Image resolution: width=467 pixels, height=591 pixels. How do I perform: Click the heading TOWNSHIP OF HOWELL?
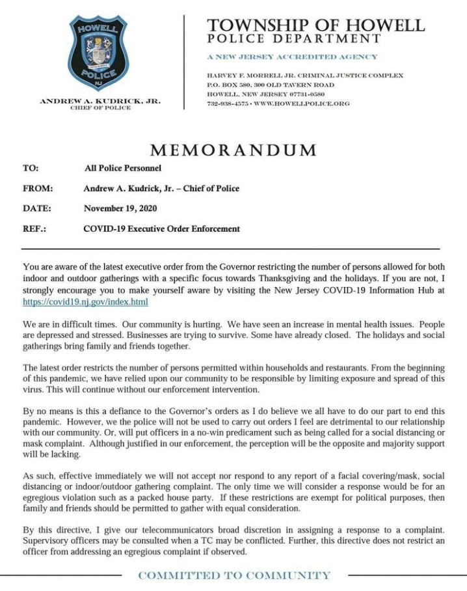coord(315,25)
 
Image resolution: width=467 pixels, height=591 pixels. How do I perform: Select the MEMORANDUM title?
coord(233,150)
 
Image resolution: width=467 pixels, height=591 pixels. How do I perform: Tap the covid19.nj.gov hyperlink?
coord(85,302)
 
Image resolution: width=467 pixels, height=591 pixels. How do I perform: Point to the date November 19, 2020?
coord(120,208)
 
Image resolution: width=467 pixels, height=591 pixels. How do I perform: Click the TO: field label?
coord(31,168)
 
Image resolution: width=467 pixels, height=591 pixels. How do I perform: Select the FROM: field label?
coord(37,188)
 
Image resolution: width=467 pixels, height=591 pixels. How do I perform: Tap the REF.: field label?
coord(34,228)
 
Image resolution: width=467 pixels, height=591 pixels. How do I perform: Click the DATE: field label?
coord(36,208)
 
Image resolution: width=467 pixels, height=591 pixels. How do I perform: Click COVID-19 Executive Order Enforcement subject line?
coord(162,228)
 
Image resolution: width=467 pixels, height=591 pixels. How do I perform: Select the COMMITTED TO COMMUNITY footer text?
coord(234,575)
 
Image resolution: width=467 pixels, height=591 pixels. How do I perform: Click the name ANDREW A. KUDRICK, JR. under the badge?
coord(101,102)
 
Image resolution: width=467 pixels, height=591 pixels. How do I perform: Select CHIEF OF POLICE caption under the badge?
coord(101,108)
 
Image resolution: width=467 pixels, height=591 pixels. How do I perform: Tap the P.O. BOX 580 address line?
coord(271,85)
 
